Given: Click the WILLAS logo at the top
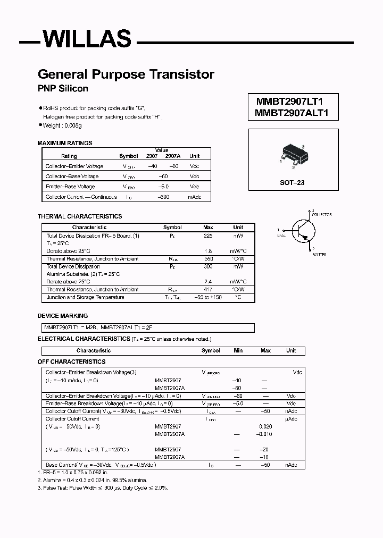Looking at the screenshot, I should click(x=86, y=39).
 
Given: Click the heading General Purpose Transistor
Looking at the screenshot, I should click(x=126, y=74).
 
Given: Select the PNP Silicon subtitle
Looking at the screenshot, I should click(x=63, y=88).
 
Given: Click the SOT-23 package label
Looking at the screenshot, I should click(x=292, y=182).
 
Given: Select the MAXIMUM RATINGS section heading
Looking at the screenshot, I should click(x=65, y=143).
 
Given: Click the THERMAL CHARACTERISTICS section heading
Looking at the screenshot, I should click(x=80, y=216).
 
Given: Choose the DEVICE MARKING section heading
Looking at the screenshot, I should click(x=63, y=316).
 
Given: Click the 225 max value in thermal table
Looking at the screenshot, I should click(x=209, y=235).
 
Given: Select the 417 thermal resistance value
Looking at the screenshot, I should click(x=209, y=289).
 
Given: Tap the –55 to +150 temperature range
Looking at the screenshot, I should click(x=209, y=297).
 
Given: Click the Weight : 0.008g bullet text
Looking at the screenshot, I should click(x=62, y=125).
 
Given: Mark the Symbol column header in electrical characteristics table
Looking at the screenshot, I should click(x=211, y=351).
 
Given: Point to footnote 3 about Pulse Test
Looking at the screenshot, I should click(x=103, y=487).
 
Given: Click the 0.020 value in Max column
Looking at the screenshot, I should click(x=265, y=426).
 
